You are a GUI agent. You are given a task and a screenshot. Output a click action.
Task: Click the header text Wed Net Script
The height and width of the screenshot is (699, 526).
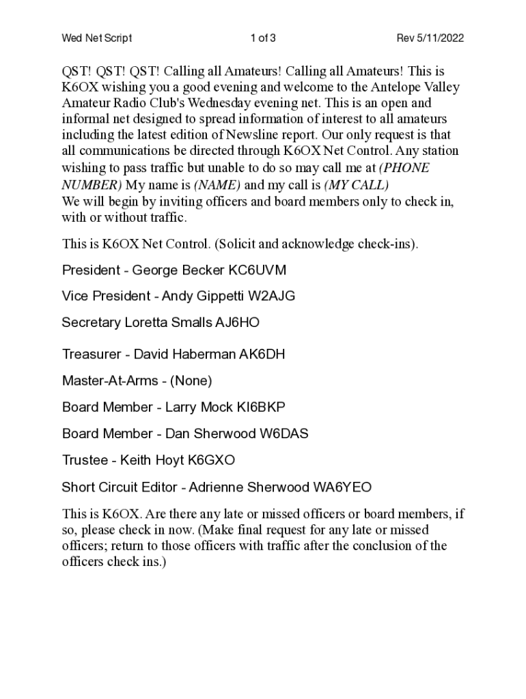[x=97, y=38]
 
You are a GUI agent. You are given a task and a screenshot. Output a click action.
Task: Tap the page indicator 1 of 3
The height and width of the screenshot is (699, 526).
[x=263, y=38]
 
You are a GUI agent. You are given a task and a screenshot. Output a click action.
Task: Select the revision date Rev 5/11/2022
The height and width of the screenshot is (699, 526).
[x=430, y=38]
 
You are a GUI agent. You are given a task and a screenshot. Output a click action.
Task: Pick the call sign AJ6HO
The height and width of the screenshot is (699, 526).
[x=237, y=322]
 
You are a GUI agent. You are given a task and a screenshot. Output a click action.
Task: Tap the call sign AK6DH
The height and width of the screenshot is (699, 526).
[x=262, y=354]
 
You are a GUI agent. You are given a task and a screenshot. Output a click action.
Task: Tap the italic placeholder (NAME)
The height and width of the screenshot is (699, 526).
[x=217, y=185]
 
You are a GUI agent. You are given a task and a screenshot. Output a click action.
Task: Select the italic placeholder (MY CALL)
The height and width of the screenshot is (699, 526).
[x=356, y=185]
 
